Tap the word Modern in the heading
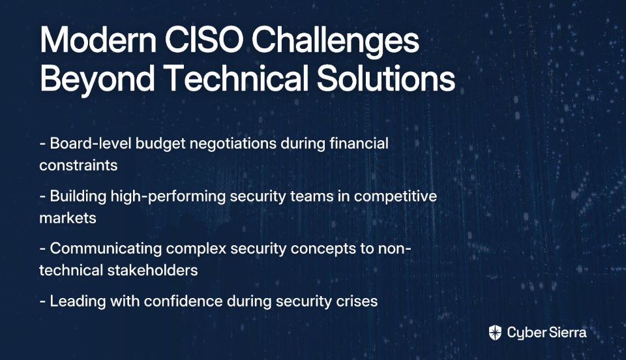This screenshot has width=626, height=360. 98,40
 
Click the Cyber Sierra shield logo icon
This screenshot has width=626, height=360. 495,333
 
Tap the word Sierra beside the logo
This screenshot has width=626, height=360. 567,333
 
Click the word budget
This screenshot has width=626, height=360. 160,144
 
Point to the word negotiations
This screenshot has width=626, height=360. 233,144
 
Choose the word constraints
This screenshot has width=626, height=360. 78,165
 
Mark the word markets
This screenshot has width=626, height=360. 67,218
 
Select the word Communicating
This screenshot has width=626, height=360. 106,249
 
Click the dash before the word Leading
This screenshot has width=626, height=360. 42,301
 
